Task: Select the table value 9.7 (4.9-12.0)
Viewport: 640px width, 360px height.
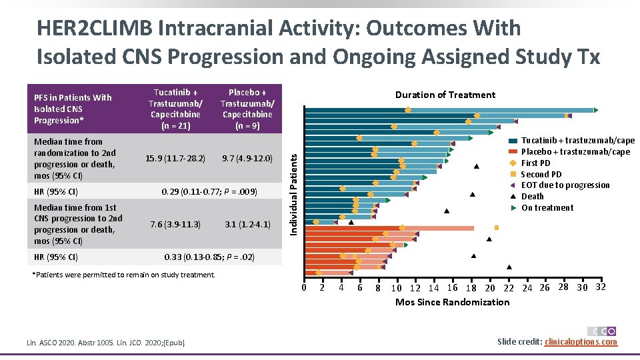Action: tap(247, 159)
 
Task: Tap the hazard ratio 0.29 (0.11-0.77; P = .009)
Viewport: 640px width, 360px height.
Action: tap(209, 192)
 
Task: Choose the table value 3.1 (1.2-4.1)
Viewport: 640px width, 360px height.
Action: tap(247, 224)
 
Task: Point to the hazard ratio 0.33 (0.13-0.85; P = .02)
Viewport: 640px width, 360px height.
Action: tap(209, 257)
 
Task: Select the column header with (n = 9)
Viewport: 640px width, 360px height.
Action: tap(247, 109)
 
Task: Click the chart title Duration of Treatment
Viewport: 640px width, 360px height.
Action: tap(445, 95)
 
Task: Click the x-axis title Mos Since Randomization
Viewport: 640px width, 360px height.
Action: tap(452, 303)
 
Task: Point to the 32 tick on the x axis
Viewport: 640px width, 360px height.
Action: tap(600, 287)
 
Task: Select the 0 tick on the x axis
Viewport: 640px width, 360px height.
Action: tap(304, 288)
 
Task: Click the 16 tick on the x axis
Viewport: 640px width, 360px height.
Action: tap(452, 288)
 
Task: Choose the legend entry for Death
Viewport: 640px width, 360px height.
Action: tap(532, 196)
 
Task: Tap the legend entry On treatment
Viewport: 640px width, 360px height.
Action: tap(547, 207)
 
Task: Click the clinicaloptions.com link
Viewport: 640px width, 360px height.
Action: tap(581, 342)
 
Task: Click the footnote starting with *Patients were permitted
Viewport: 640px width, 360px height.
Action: tap(124, 275)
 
